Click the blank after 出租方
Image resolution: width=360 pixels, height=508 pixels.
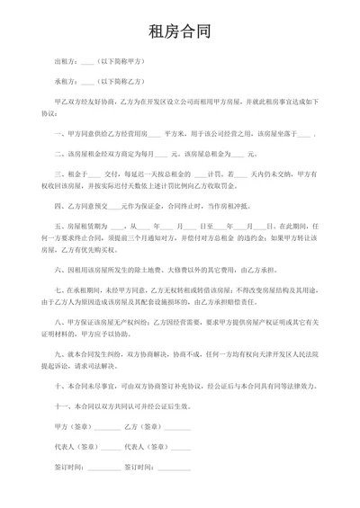pos(87,63)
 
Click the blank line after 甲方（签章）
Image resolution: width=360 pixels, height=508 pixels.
pos(107,423)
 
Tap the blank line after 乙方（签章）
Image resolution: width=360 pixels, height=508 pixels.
pos(176,423)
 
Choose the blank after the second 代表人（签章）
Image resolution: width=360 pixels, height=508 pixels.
pos(175,446)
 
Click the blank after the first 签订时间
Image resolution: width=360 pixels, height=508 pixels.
pos(104,468)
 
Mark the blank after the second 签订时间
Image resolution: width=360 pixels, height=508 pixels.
pos(175,468)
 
